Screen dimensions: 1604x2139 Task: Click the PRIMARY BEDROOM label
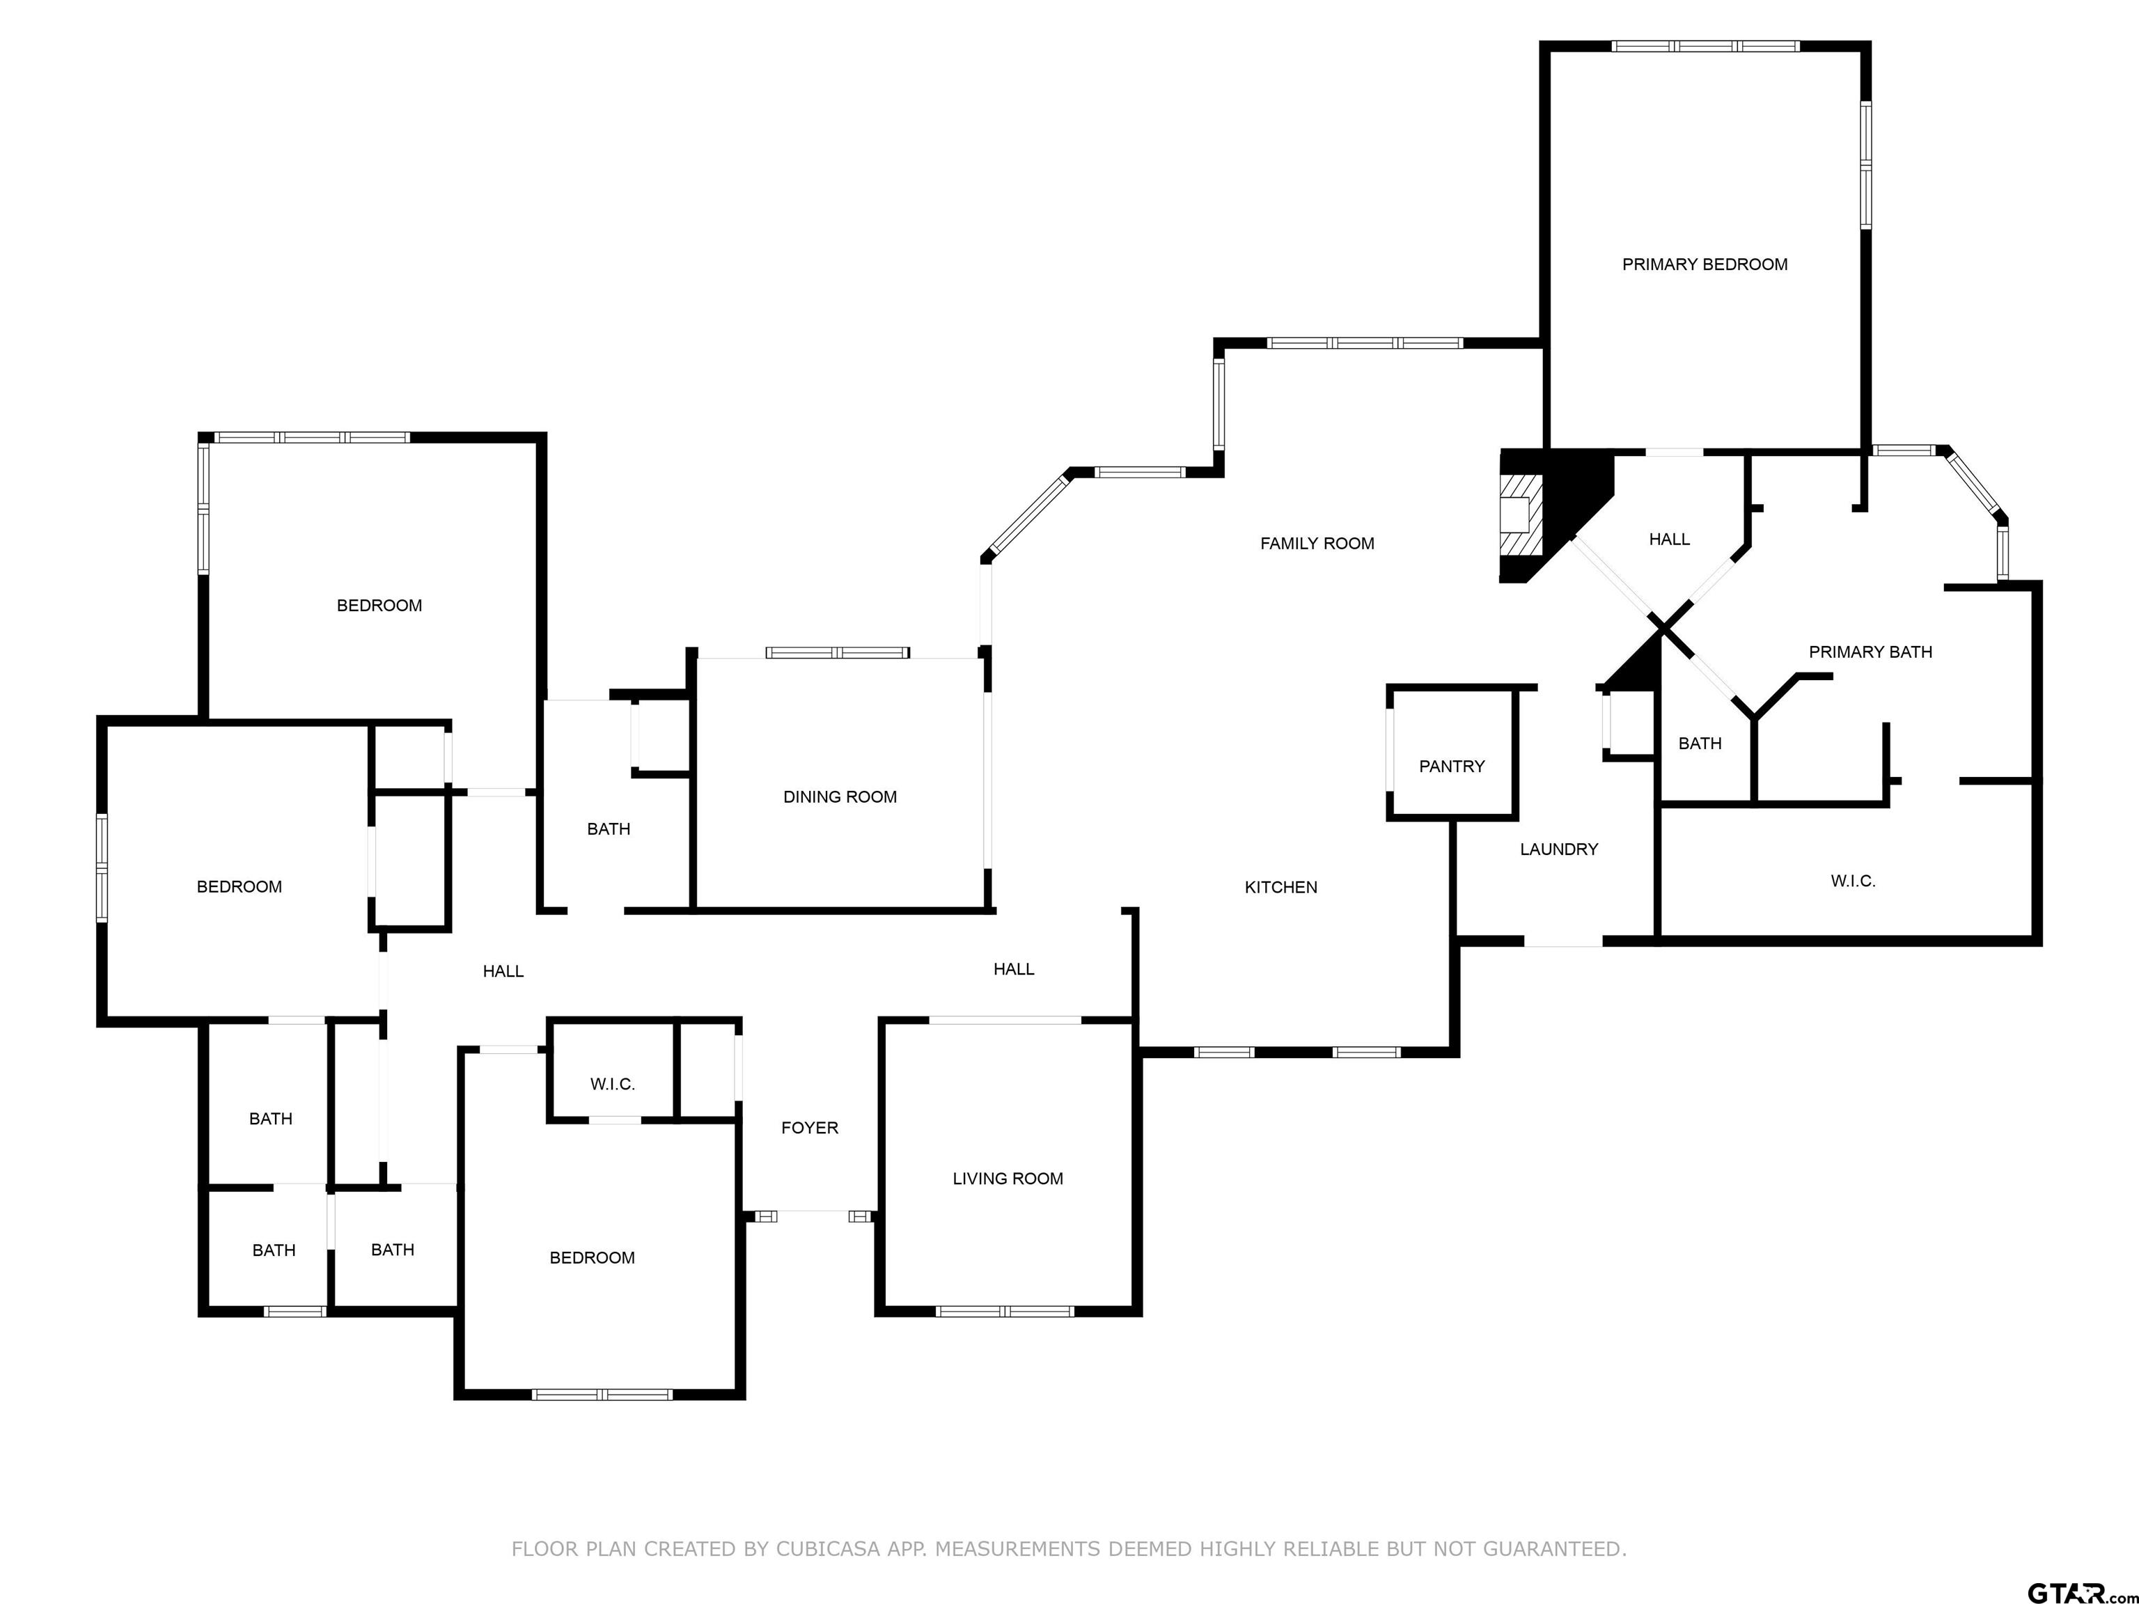(x=1704, y=264)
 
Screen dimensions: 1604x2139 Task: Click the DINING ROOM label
(x=839, y=796)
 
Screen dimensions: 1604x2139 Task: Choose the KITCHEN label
(x=1280, y=887)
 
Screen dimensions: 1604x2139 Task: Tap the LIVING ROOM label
(x=1007, y=1178)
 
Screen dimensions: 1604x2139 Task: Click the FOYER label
(x=808, y=1127)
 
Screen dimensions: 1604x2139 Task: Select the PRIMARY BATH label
(x=1870, y=652)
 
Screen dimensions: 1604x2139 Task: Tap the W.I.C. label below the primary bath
(x=1852, y=881)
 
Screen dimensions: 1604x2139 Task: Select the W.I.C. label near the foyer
(x=612, y=1084)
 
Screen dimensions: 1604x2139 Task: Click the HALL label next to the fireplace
(x=1668, y=540)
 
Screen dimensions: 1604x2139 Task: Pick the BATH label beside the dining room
(x=609, y=828)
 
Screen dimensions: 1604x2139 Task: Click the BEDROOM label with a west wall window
(x=239, y=887)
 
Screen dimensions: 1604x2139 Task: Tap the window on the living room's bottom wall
(x=1005, y=1311)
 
